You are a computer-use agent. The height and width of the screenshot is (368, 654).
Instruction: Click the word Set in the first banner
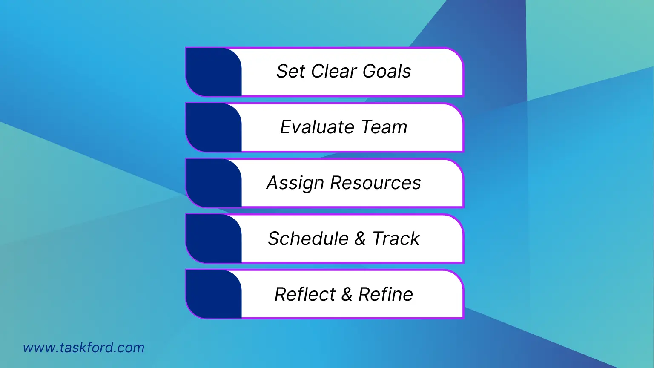tap(291, 71)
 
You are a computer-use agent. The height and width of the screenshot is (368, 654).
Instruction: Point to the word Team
tap(384, 127)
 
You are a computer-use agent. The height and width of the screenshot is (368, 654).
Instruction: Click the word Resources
tap(376, 183)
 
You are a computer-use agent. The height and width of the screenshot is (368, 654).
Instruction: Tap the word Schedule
tap(308, 239)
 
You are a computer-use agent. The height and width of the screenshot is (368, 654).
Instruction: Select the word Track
tap(396, 239)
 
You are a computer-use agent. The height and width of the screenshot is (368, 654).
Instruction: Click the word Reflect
tap(305, 294)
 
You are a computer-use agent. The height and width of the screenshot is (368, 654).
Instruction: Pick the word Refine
tap(386, 294)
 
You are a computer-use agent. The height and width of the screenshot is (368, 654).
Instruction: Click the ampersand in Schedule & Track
tap(360, 239)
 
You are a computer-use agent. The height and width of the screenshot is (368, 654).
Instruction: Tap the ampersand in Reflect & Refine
tap(347, 294)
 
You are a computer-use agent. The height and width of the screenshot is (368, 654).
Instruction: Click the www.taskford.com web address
tap(84, 348)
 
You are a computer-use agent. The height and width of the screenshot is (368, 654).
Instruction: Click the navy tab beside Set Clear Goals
tap(214, 72)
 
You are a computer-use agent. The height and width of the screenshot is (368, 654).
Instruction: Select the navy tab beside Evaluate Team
tap(214, 127)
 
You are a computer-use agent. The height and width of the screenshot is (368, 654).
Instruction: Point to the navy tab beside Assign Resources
tap(214, 183)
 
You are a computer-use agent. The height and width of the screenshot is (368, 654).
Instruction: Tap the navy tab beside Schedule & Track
tap(214, 239)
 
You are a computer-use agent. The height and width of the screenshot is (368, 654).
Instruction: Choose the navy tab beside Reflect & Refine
tap(214, 294)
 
